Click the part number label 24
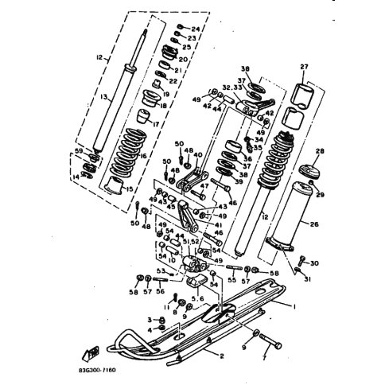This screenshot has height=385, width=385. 196,29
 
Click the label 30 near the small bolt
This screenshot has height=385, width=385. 315,263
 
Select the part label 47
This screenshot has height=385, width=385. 204,187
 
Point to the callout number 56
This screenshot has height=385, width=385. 160,291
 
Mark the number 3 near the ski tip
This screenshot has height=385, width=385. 149,319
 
